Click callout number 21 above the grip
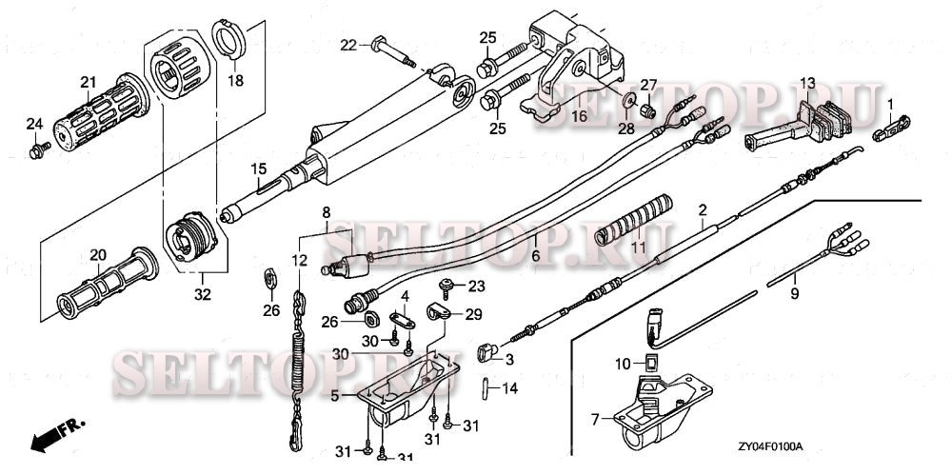click(x=89, y=81)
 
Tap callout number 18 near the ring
click(x=235, y=81)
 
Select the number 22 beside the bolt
click(x=349, y=45)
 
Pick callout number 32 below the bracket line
click(x=202, y=294)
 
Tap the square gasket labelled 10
click(x=652, y=362)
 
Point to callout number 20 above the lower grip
click(x=96, y=254)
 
